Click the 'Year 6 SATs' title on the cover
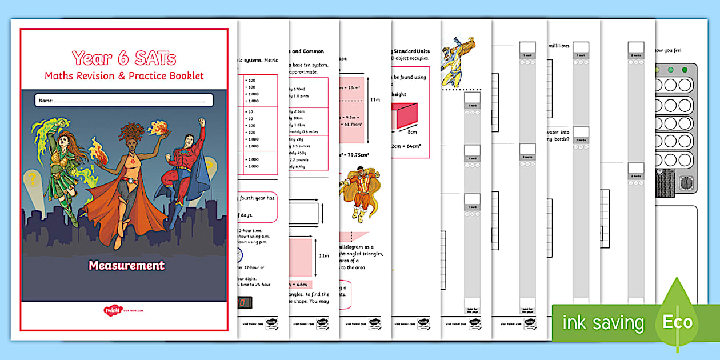(x=124, y=58)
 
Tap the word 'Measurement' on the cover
(x=126, y=265)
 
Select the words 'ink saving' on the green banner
(x=603, y=323)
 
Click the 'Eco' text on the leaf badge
(x=677, y=322)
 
